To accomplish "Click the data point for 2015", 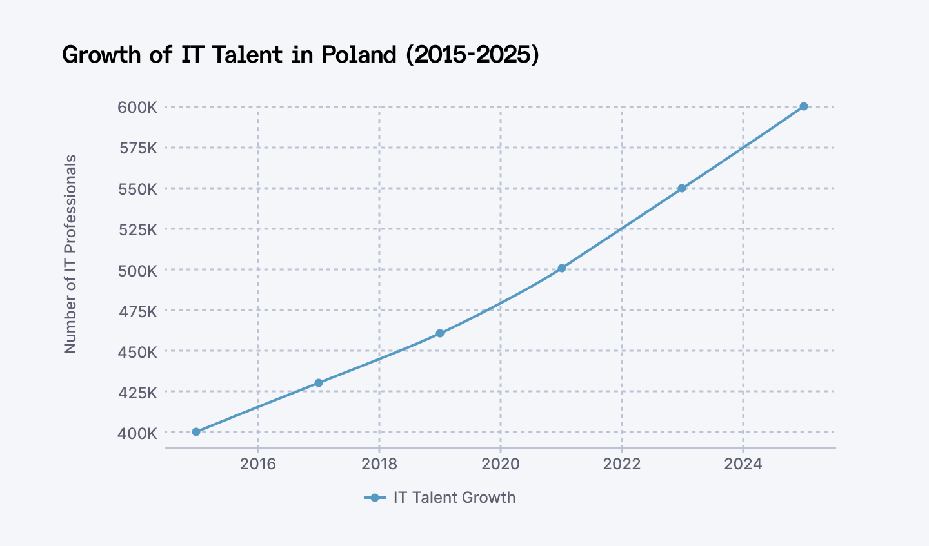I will tap(196, 432).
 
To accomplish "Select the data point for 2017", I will tap(318, 383).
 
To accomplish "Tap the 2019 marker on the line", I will tap(440, 333).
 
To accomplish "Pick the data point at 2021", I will tap(561, 268).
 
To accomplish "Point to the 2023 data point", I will tap(682, 188).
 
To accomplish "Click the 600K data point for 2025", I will tap(803, 106).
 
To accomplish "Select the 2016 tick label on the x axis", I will tap(258, 464).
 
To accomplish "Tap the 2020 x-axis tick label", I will tap(501, 464).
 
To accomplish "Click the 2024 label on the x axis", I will tap(743, 464).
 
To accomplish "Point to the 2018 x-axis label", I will tap(379, 464).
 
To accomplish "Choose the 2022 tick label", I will tap(622, 464).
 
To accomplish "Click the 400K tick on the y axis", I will tap(137, 433).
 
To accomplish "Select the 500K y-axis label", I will tap(137, 271).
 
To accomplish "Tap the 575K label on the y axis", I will tap(137, 148).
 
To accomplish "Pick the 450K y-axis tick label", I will tap(137, 352).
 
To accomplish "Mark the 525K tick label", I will tap(137, 229).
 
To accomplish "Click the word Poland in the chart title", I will tap(359, 55).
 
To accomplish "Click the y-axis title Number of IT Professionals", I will tap(70, 254).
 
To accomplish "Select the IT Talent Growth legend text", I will tap(454, 498).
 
